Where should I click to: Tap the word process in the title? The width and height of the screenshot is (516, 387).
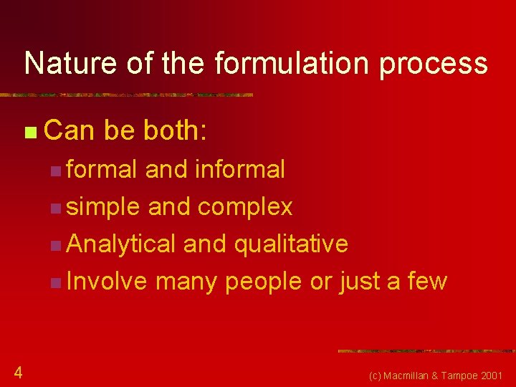pos(434,64)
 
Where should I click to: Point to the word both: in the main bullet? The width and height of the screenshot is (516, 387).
pos(176,130)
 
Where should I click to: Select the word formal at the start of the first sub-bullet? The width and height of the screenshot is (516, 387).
pos(101,169)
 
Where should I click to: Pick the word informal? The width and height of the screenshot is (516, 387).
pos(239,169)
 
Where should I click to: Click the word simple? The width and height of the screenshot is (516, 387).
pos(103,207)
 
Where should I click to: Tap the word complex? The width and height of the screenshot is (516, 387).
pos(245,207)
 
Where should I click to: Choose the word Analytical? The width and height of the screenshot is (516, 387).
pos(120,244)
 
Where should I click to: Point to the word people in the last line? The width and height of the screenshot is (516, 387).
pos(264,282)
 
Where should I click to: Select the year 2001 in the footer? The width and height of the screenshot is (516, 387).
pos(492,376)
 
